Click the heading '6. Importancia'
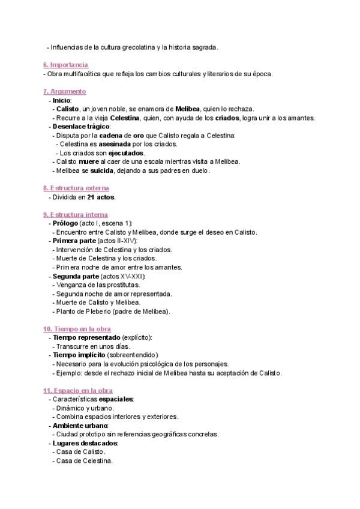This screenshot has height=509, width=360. (x=66, y=65)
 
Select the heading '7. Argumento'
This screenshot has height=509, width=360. (x=65, y=91)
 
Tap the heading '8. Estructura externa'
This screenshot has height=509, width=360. (x=75, y=188)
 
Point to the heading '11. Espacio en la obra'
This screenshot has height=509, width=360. (x=78, y=391)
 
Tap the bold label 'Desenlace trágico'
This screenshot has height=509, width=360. (x=81, y=127)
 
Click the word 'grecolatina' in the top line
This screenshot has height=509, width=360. (x=145, y=47)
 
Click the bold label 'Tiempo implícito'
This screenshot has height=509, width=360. (x=79, y=355)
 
